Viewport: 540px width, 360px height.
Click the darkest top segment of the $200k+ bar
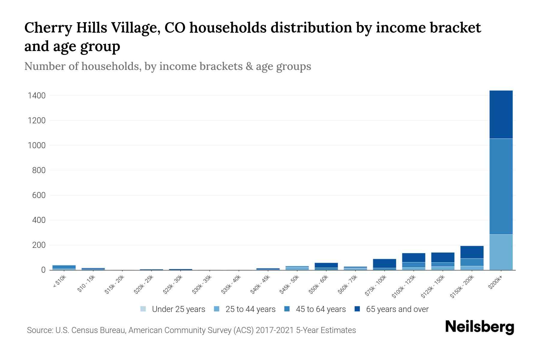[501, 114]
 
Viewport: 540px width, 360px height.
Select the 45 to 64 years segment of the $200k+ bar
[501, 186]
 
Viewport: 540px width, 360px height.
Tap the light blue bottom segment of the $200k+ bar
[501, 252]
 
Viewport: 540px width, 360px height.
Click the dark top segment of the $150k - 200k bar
[472, 252]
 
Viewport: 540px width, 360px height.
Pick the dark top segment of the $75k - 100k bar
[384, 263]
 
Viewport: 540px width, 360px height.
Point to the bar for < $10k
[64, 267]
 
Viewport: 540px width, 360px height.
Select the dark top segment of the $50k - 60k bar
[326, 265]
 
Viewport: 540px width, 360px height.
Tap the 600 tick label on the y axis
[39, 195]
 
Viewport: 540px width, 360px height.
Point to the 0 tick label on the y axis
[43, 270]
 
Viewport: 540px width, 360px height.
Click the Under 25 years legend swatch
[143, 309]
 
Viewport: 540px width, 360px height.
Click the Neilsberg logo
[479, 327]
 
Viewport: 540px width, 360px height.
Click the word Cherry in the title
[48, 28]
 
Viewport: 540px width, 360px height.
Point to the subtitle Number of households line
[167, 66]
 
